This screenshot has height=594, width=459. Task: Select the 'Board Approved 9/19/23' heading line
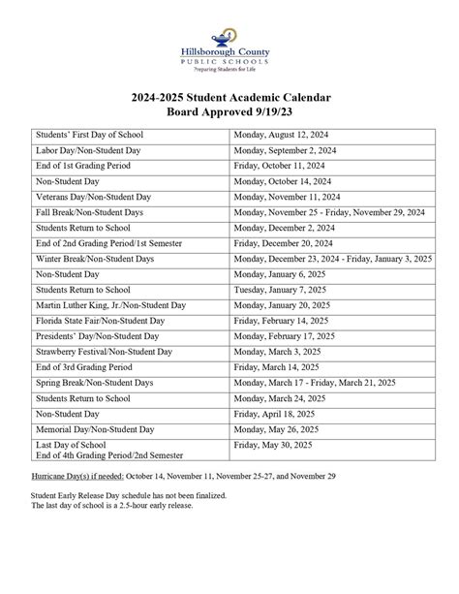click(x=229, y=116)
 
